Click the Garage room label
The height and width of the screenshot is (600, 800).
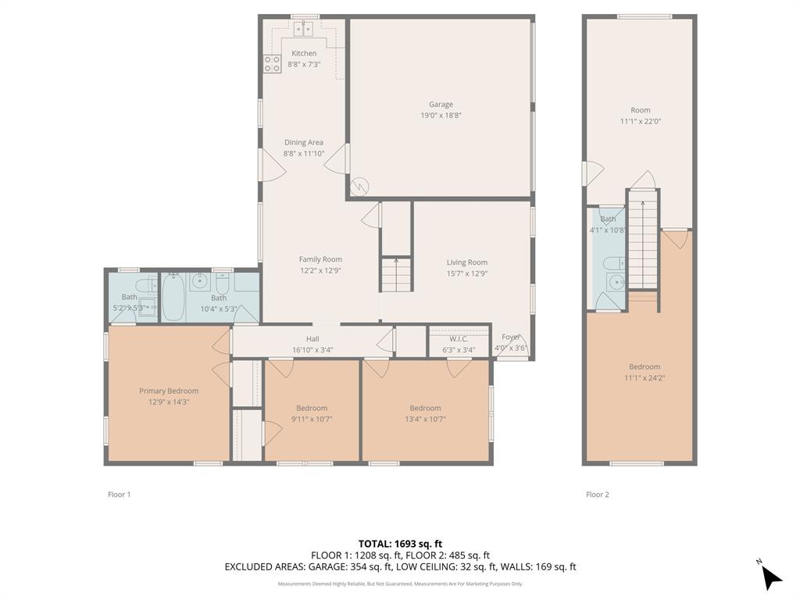[x=441, y=104]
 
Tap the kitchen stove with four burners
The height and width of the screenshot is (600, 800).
[x=272, y=64]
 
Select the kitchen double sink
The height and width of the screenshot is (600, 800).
[x=303, y=30]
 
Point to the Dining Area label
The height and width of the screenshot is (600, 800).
[x=303, y=142]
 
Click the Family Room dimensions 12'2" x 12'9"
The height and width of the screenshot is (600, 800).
[x=320, y=270]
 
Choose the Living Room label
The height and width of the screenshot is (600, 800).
[x=466, y=262]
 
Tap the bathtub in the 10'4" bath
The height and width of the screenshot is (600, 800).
[x=173, y=297]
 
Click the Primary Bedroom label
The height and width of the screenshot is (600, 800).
[x=169, y=391]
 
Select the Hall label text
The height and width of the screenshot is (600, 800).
[x=312, y=339]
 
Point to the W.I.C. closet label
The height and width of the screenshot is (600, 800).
[x=458, y=338]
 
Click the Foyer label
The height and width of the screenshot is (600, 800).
[x=511, y=337]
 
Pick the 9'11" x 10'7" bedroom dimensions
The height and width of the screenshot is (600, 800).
[x=312, y=419]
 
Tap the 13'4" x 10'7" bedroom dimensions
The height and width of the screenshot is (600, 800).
[x=425, y=419]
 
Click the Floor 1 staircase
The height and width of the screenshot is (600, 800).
[x=396, y=275]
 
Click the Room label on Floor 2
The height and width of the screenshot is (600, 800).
[x=640, y=110]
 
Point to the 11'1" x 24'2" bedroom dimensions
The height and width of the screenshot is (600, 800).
[x=645, y=377]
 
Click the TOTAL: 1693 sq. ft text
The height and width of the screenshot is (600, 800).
[x=400, y=543]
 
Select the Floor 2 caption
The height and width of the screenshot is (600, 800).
[x=597, y=494]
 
